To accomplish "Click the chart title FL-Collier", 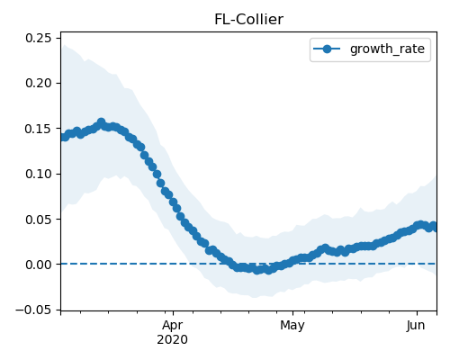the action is coord(248,20).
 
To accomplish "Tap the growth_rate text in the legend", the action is coord(387,49).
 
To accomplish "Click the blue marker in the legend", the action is coord(327,49).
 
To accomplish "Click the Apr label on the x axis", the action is coord(173,326).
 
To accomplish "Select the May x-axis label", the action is coord(292,326).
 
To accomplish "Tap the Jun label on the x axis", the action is coord(416,326).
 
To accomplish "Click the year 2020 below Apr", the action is coord(173,339).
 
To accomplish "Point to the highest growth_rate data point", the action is coord(102,122).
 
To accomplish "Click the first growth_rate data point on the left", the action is coord(64,137).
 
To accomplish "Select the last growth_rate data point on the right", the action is coord(434,226).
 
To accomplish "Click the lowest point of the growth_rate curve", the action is coord(256,270).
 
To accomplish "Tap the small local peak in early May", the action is coord(326,248).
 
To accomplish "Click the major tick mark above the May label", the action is coord(292,313).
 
